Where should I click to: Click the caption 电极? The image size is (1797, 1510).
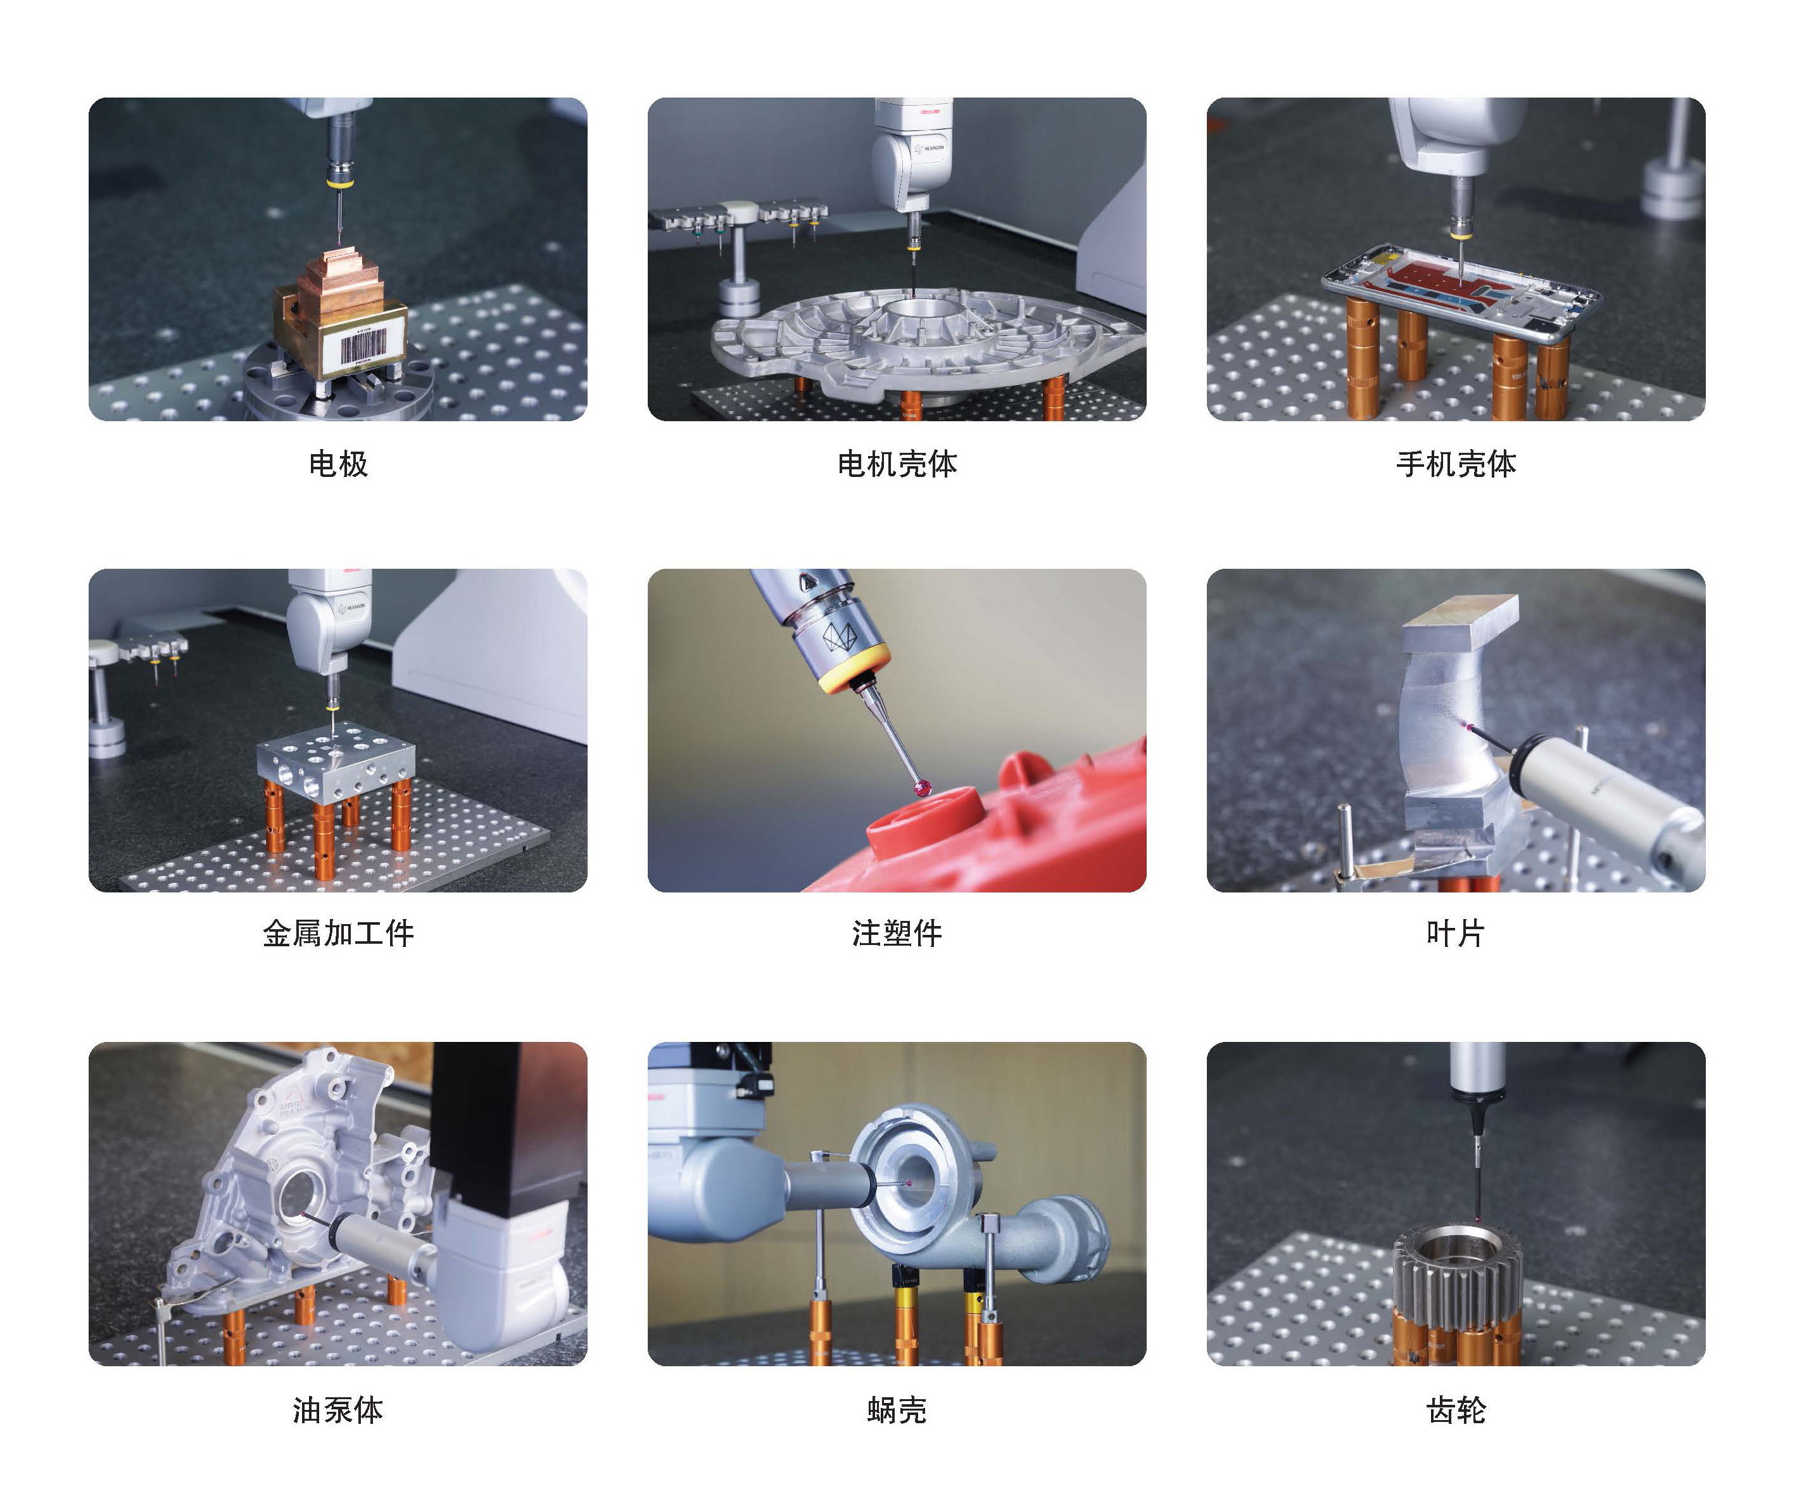[338, 464]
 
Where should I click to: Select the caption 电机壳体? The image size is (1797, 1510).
[897, 464]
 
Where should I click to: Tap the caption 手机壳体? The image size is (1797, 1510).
[1456, 464]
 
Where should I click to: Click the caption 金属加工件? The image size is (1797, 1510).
[338, 932]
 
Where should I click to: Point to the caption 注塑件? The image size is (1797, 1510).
[897, 932]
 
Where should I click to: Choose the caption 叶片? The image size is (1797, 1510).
[1456, 932]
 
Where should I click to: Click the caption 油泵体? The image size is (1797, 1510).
[338, 1410]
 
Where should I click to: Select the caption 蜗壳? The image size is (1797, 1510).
[897, 1410]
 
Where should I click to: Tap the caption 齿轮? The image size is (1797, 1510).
[1456, 1410]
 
